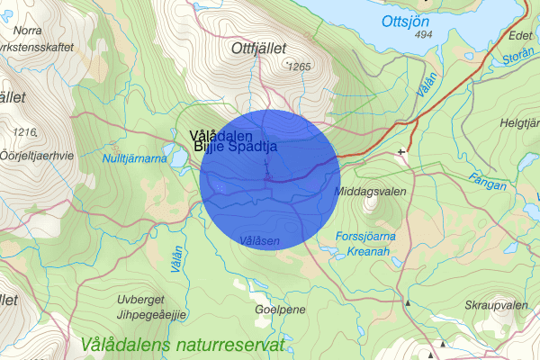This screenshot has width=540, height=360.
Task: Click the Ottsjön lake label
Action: pyautogui.click(x=411, y=21)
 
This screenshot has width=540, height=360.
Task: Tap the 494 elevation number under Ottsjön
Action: pyautogui.click(x=425, y=34)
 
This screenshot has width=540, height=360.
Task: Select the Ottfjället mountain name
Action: pyautogui.click(x=263, y=47)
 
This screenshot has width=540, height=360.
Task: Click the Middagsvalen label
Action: pyautogui.click(x=370, y=193)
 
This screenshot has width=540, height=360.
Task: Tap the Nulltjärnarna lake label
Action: pyautogui.click(x=134, y=158)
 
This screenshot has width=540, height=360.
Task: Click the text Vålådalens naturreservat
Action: pyautogui.click(x=182, y=345)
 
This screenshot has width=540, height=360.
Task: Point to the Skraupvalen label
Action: pyautogui.click(x=496, y=306)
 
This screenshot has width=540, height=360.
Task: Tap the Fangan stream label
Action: pyautogui.click(x=488, y=183)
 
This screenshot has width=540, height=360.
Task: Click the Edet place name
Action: pyautogui.click(x=519, y=36)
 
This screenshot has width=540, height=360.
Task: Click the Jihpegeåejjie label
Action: pyautogui.click(x=150, y=314)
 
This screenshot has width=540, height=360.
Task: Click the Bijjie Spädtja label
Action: pyautogui.click(x=234, y=146)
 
